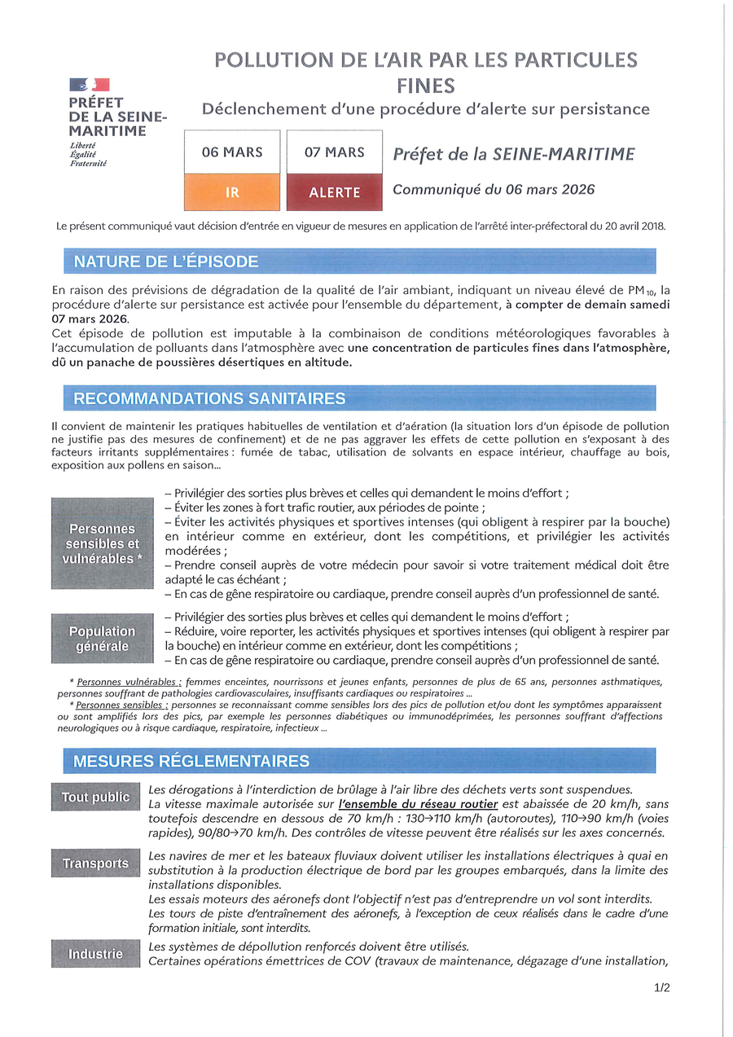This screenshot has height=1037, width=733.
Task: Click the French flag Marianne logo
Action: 90,84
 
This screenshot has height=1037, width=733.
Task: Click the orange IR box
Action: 232,192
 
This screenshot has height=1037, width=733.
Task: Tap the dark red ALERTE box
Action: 335,192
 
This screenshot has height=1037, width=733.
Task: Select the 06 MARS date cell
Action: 232,152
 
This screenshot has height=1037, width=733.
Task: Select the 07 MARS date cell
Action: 335,152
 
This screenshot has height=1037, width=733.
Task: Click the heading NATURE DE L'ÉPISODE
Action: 166,261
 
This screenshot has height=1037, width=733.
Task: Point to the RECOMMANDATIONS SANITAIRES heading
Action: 209,398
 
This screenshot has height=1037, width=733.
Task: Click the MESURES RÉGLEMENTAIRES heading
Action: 191,761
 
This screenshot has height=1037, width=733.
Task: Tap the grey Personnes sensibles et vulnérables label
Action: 103,543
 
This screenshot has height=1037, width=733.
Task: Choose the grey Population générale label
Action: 103,638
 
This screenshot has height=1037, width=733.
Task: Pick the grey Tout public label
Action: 95,798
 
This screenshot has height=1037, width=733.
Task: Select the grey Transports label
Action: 95,863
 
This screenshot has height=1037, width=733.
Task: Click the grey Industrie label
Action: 95,954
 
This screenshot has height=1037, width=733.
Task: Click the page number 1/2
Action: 661,988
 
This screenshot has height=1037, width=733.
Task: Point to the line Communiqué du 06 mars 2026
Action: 494,190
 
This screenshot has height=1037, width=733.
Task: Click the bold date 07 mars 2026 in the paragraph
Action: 90,318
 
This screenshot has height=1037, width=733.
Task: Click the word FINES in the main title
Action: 426,86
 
